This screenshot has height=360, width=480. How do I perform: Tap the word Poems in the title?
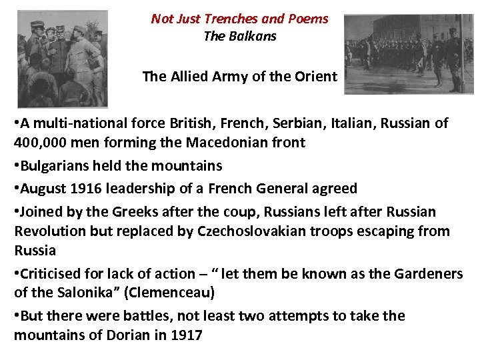pos(308,19)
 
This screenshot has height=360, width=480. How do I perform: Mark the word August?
pos(44,189)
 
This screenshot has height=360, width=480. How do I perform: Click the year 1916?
pos(85,189)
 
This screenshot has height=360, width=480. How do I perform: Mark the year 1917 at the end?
pos(187,335)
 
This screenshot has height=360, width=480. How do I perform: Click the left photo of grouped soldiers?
pos(62,59)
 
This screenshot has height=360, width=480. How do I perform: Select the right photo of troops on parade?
pos(409,53)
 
